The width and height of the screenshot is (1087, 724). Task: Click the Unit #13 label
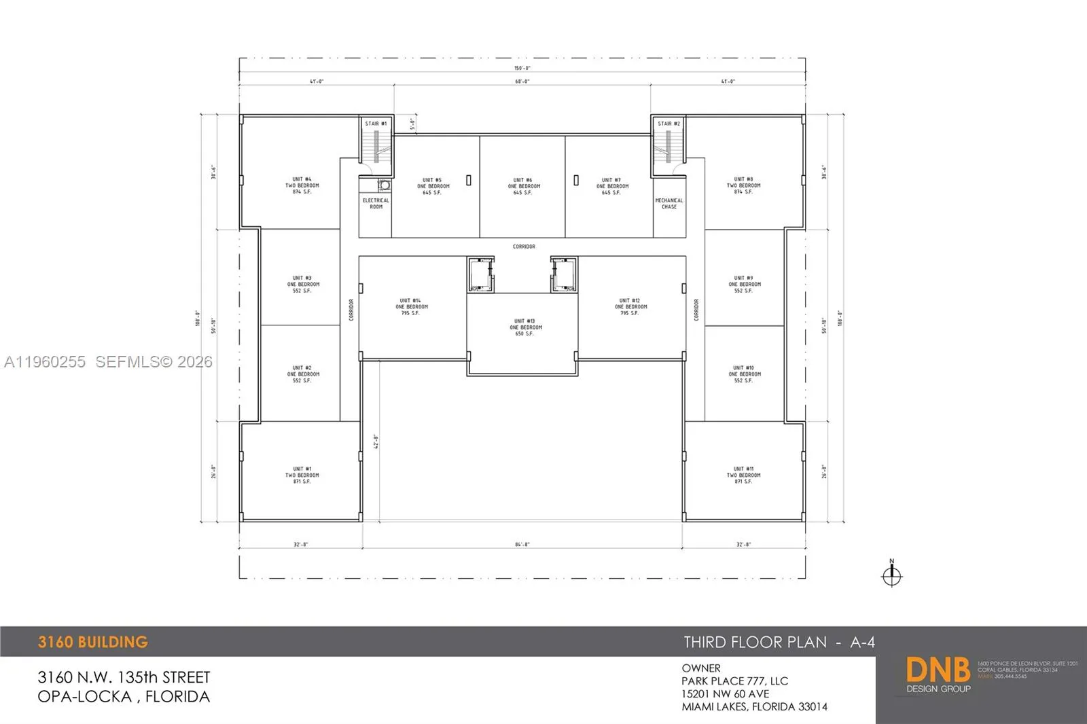coord(526,327)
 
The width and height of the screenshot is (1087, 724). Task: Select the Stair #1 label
coord(376,124)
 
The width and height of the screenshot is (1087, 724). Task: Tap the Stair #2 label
coord(669,124)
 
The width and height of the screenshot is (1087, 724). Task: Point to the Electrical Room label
coord(376,203)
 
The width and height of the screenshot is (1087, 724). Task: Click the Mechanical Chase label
coord(669,203)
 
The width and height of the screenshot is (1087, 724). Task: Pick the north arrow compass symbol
coord(891,575)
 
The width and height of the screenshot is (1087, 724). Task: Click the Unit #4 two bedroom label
coord(302,185)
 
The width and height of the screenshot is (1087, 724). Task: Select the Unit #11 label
coord(743,475)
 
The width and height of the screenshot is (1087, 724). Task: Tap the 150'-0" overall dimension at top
coord(522,68)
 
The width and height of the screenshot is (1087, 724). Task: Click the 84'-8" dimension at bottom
coord(522,545)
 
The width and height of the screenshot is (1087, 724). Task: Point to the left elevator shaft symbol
coord(480,274)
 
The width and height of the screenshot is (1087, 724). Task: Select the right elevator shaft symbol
coord(564,274)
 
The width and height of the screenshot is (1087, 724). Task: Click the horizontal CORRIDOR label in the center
coord(524,247)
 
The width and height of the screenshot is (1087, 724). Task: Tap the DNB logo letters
coord(938,670)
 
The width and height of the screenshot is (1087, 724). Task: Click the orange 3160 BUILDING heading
coord(93,642)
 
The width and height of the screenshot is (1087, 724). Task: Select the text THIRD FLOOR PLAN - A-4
coord(779,642)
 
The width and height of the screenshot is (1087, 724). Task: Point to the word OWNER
coord(701,668)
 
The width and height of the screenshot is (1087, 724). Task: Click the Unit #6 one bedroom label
coord(524,186)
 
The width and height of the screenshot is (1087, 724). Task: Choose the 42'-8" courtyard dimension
coord(376,441)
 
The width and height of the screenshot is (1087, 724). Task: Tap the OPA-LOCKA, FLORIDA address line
coord(124,697)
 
